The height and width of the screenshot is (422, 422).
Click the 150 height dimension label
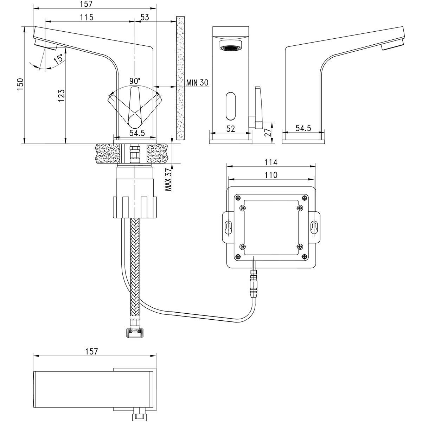click(x=21, y=85)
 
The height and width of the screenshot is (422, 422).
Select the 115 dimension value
click(x=86, y=17)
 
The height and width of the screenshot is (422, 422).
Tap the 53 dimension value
click(x=145, y=17)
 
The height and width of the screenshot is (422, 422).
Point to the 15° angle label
click(x=59, y=58)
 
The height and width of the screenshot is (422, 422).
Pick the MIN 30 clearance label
click(x=197, y=83)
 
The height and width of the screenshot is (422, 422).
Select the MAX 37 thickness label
click(x=168, y=179)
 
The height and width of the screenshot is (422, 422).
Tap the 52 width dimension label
click(x=230, y=129)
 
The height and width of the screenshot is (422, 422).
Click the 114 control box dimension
click(x=271, y=162)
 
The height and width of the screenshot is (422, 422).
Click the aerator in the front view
click(x=230, y=46)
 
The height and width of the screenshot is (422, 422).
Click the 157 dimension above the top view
click(x=91, y=351)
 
